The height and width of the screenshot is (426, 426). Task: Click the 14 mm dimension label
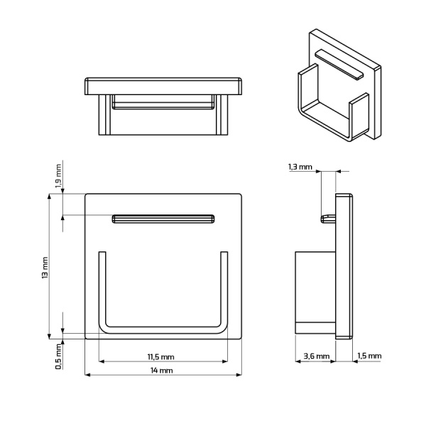click(162, 371)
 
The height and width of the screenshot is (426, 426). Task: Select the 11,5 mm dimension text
click(161, 356)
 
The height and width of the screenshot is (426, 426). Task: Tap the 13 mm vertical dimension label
click(45, 266)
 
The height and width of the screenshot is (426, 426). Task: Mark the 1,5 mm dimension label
click(369, 356)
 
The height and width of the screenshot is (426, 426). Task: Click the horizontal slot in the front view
click(163, 219)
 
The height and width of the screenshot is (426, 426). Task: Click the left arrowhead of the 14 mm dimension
click(88, 375)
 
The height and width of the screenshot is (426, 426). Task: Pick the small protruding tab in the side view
click(329, 217)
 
